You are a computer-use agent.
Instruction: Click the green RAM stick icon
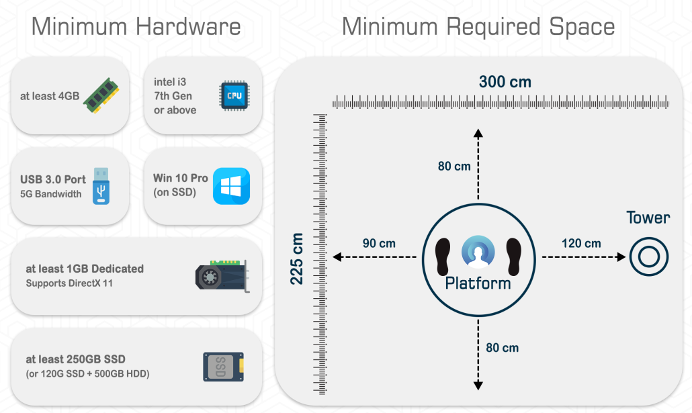point(106,96)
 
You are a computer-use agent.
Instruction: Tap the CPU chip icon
point(234,95)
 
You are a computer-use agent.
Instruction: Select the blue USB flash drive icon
point(101,186)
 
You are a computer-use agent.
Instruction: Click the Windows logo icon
point(231,186)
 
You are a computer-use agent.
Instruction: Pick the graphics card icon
point(221,276)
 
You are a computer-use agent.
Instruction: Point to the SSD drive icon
point(223,367)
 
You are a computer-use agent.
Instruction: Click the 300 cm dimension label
point(505,82)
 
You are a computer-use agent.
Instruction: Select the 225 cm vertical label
point(297,259)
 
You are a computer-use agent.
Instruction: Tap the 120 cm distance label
point(581,243)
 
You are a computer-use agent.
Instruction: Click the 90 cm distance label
point(379,243)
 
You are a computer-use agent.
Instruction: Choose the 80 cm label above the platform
point(454,166)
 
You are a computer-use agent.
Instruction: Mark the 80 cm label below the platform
point(502,347)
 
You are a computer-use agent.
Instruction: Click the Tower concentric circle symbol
point(649,257)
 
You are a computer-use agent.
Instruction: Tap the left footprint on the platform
point(443,255)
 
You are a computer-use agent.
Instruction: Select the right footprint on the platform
point(514,255)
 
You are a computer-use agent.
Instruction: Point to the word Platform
point(478,283)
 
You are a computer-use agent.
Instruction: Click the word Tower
point(648,218)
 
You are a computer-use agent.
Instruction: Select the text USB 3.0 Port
point(53,179)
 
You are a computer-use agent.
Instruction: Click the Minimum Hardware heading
point(136,27)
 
